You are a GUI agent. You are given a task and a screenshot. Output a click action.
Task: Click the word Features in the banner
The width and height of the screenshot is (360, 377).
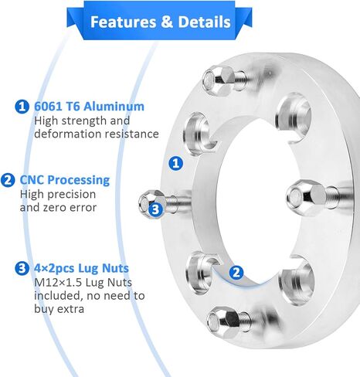tap(123, 22)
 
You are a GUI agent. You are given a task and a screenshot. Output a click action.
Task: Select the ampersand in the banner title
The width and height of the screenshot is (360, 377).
tap(167, 22)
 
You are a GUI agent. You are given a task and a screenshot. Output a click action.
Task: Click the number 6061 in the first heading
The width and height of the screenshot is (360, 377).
tap(46, 107)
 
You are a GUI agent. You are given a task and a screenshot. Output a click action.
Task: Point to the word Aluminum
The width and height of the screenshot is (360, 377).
tap(114, 107)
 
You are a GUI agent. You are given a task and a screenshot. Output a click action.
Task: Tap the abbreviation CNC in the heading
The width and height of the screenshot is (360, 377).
tap(32, 180)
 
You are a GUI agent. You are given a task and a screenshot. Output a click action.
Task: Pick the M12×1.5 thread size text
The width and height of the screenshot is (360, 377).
tap(58, 283)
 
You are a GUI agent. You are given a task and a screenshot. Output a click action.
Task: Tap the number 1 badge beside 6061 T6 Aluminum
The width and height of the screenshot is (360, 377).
tap(22, 107)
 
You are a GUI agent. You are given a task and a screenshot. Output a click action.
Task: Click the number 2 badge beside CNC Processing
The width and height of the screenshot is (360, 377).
tap(8, 180)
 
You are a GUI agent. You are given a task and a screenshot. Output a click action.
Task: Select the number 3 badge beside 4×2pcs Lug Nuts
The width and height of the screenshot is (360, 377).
tap(22, 268)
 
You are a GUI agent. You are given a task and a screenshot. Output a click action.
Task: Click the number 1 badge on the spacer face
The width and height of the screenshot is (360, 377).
tap(176, 163)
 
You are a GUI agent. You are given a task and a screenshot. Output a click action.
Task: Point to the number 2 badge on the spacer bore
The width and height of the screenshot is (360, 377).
tap(236, 273)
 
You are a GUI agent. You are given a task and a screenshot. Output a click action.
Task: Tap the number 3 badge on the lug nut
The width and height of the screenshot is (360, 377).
tap(155, 209)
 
